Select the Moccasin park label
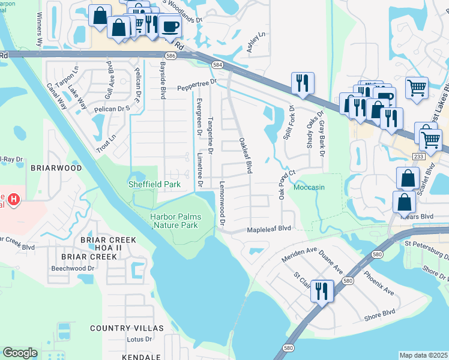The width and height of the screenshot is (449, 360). pos(309,187)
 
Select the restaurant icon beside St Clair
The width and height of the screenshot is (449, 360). pos(322,292)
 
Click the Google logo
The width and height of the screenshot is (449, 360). pos(20,353)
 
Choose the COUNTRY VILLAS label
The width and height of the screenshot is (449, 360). pos(127,328)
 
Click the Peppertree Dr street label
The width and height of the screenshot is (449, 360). pos(196,88)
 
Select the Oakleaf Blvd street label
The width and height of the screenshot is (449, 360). pos(244,155)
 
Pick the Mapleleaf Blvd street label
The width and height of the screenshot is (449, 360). pos(269,229)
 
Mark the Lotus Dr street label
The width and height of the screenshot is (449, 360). pos(141,339)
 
